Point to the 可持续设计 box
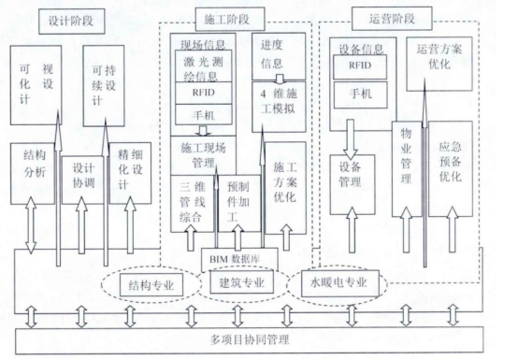point(104,85)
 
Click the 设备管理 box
point(353,174)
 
